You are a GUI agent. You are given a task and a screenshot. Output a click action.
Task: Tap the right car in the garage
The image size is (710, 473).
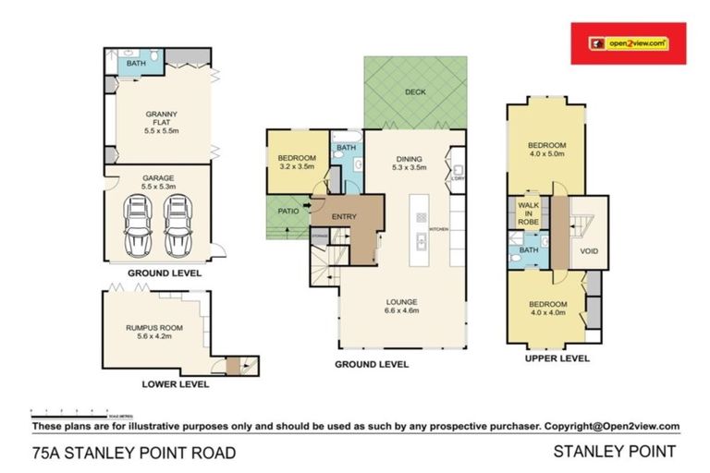(177, 225)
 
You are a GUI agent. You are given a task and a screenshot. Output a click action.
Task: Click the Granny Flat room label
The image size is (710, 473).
(159, 122)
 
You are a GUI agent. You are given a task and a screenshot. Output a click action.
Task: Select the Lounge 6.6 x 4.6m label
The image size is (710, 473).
(402, 306)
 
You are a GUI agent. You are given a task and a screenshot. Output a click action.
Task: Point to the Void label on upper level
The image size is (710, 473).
(589, 250)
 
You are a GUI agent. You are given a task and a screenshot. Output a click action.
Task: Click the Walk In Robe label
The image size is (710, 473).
(529, 213)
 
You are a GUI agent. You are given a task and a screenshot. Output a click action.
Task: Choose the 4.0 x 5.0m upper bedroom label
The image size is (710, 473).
(545, 150)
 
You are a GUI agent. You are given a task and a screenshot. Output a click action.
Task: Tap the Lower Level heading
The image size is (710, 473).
(175, 383)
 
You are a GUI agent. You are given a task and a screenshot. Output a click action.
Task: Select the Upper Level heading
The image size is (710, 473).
(557, 358)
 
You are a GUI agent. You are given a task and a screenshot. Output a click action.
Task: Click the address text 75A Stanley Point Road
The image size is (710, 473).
(133, 453)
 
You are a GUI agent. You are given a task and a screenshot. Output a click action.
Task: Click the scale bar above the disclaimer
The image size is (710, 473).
(69, 410)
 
